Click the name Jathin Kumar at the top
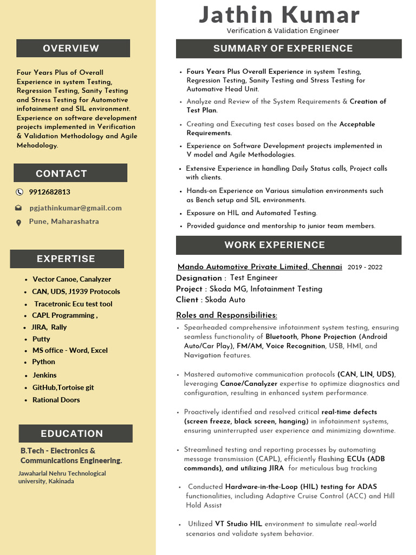(279, 15)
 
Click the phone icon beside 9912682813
(19, 192)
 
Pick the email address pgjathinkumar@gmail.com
(75, 208)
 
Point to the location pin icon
(19, 222)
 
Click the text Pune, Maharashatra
(64, 221)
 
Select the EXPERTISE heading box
(67, 259)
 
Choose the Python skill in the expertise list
(43, 362)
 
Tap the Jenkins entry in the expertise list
(44, 375)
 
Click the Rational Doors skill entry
(56, 400)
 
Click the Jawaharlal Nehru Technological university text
(62, 477)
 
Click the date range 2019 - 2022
(365, 267)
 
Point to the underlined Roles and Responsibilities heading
(226, 315)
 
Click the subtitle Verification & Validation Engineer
(282, 31)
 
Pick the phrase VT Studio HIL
(238, 524)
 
